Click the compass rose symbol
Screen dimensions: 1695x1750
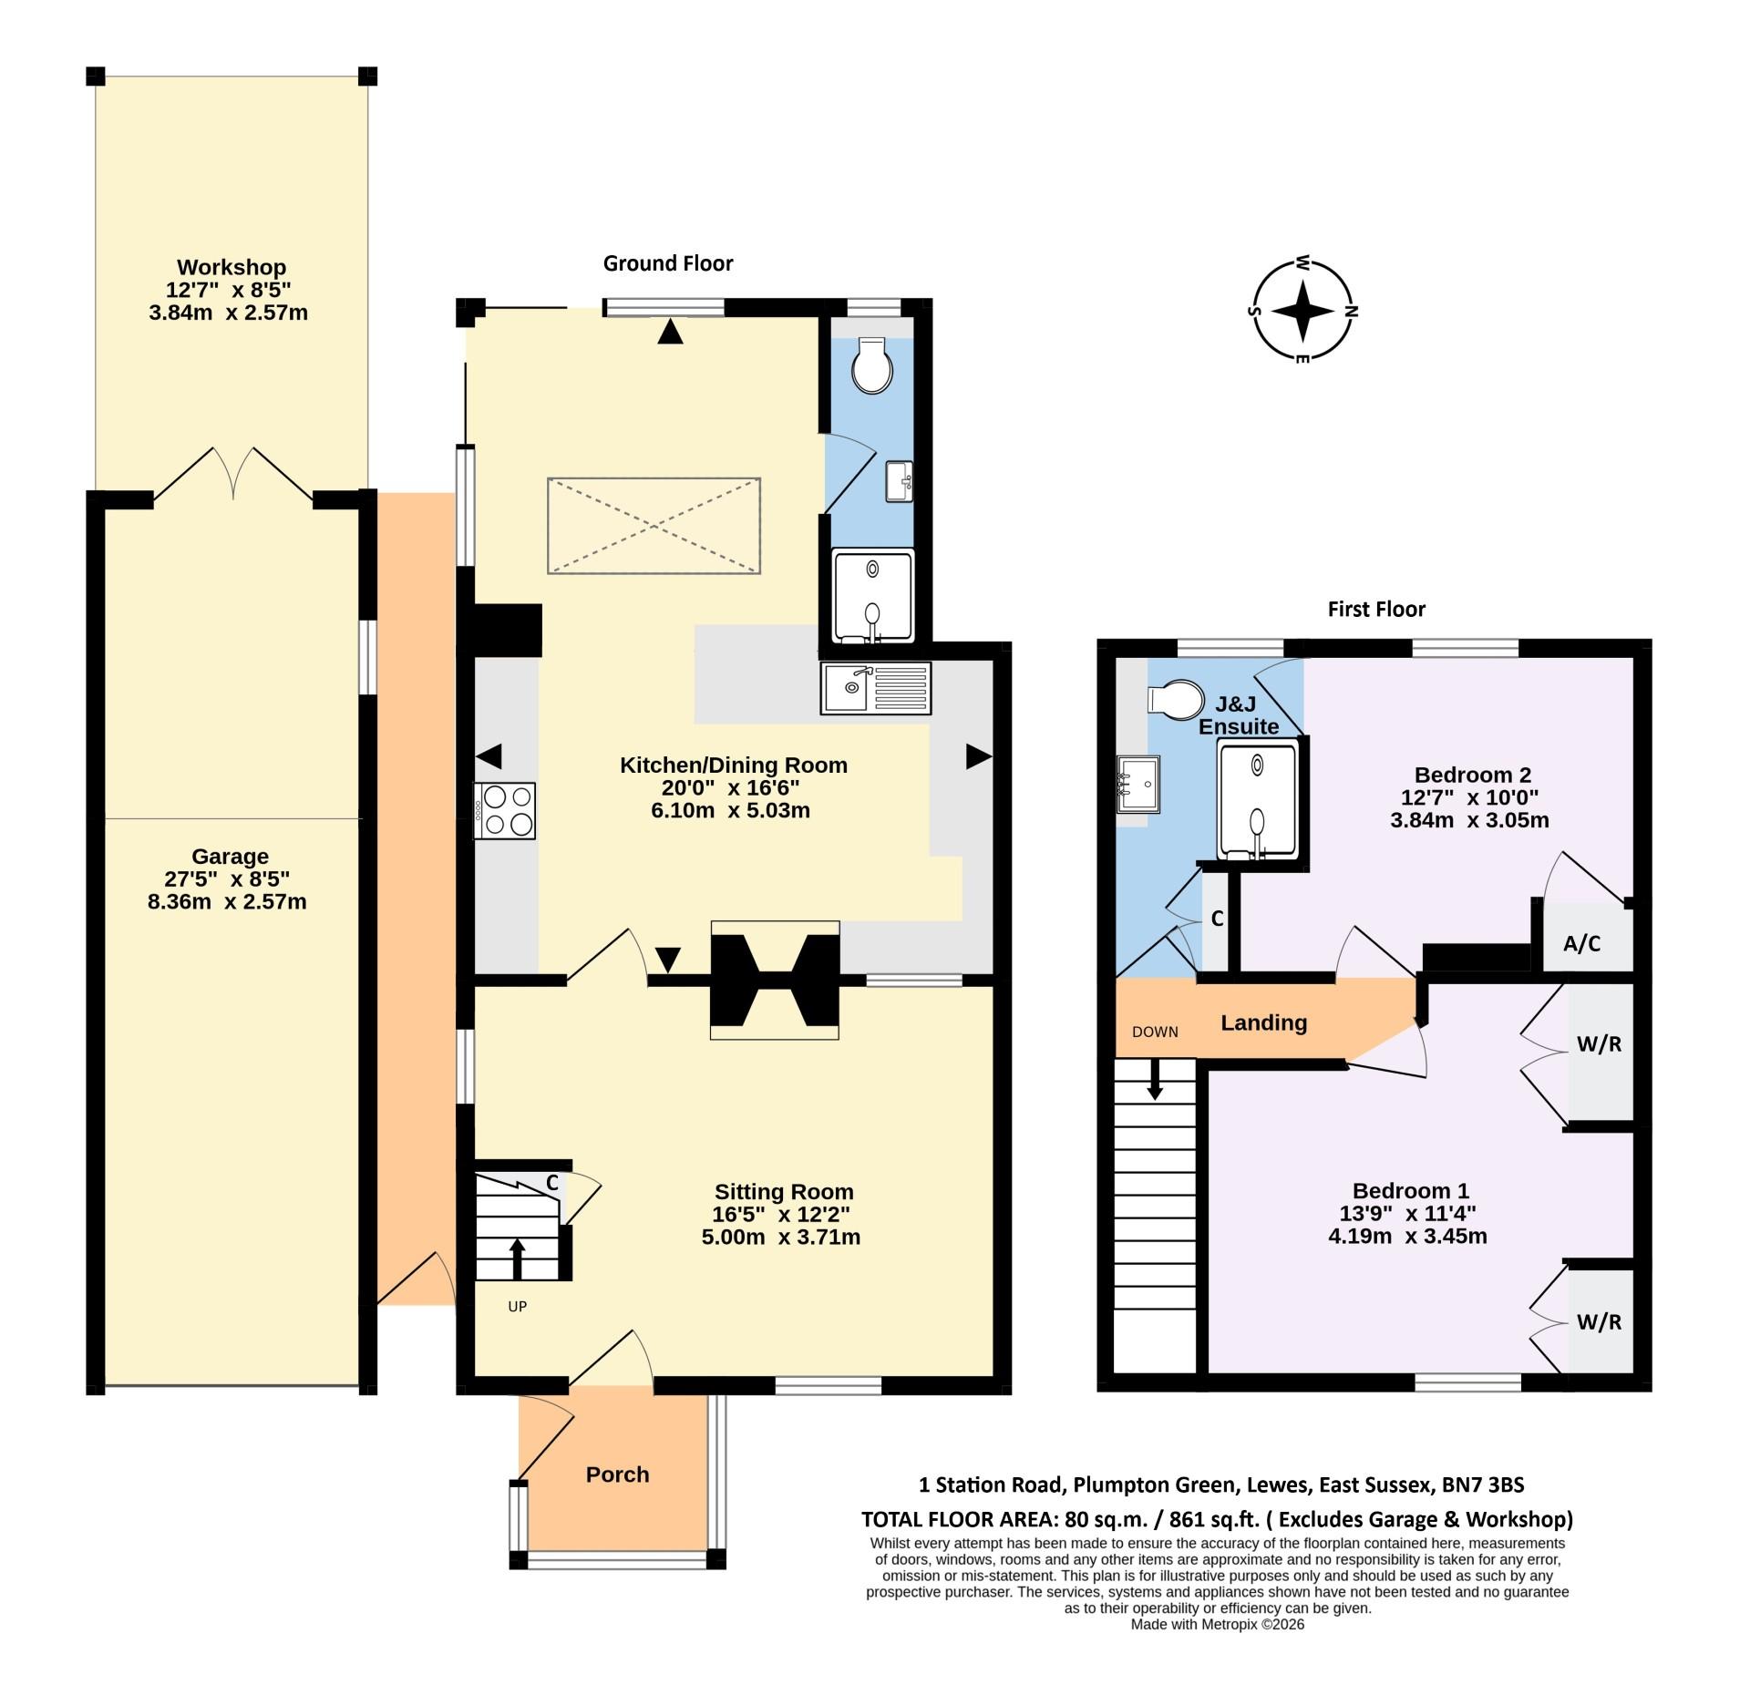pos(1303,310)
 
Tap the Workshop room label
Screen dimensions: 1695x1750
pos(232,267)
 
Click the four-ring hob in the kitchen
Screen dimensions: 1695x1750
pos(505,810)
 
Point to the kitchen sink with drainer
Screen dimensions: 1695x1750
pos(875,688)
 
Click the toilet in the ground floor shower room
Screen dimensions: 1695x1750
pos(872,366)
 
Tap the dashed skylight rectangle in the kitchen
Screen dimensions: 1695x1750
pos(654,526)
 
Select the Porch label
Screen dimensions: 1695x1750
pos(617,1474)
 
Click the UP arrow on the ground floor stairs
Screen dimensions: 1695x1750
pos(517,1258)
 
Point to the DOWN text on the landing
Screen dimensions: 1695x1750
pos(1155,1032)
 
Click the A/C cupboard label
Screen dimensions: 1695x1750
pos(1581,944)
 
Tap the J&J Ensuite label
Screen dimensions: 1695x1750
pos(1238,715)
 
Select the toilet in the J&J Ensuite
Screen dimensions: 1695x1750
pos(1177,700)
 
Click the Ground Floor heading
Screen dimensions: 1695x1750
pos(668,263)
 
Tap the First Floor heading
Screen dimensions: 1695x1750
pos(1376,609)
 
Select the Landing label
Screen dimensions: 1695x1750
pos(1263,1022)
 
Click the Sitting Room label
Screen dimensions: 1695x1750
pos(784,1191)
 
